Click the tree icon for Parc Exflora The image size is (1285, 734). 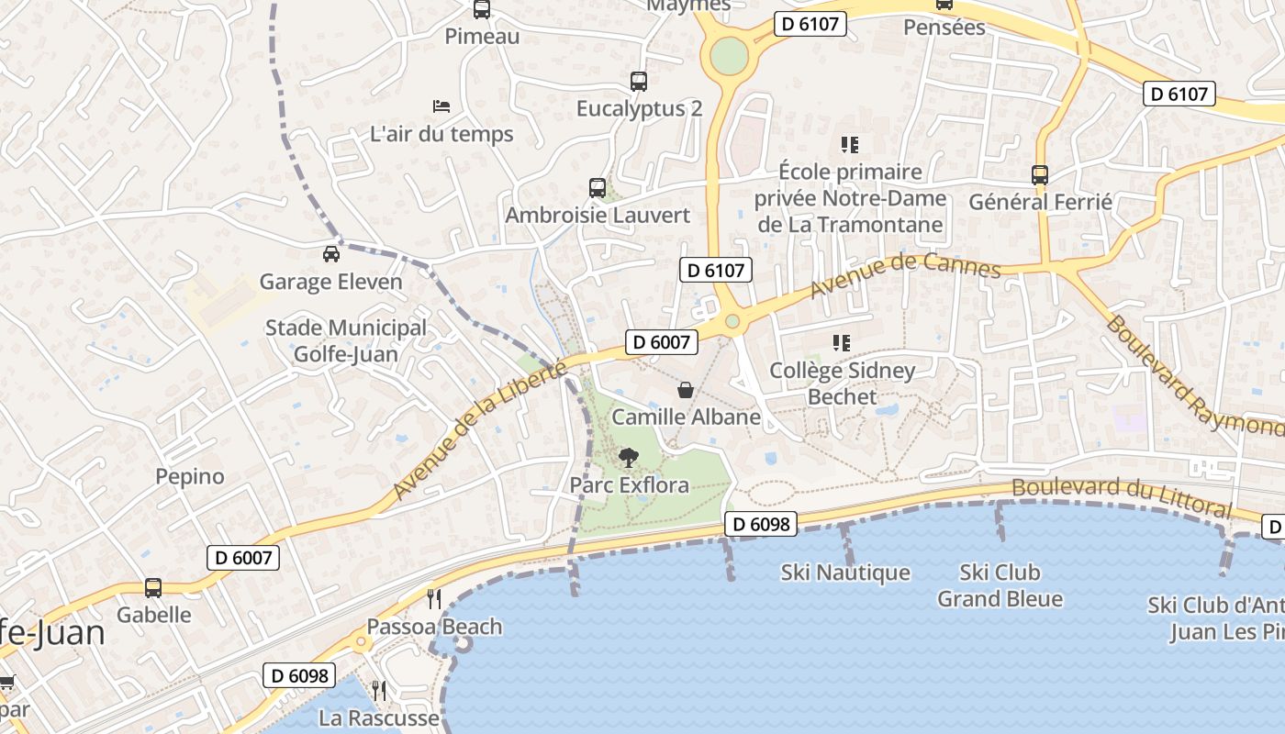(x=629, y=457)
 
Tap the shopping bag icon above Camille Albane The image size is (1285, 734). (x=686, y=390)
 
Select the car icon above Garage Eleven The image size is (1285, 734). (x=331, y=254)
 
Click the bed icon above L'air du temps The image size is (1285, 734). (x=441, y=106)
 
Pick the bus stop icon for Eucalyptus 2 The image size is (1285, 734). (x=639, y=82)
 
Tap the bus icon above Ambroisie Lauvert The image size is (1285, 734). (x=598, y=188)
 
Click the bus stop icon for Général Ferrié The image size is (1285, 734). (x=1040, y=174)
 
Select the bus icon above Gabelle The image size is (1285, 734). (x=153, y=588)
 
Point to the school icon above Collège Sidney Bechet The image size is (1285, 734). (x=841, y=343)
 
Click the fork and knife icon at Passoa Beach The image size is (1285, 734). (x=434, y=599)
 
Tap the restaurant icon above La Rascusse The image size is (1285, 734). (x=378, y=689)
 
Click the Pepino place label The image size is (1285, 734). (x=190, y=476)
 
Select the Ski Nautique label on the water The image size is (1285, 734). (x=845, y=573)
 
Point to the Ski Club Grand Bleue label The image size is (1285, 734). (x=1000, y=585)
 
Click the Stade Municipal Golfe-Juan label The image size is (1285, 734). (x=345, y=340)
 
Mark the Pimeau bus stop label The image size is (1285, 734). (x=482, y=37)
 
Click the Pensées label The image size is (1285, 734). (x=944, y=28)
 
